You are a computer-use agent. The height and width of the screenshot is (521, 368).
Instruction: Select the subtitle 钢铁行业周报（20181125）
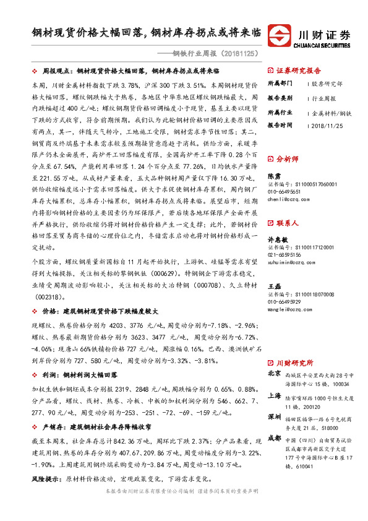tap(216, 53)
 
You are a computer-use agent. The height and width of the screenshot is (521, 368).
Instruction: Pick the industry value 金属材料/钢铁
tap(332, 112)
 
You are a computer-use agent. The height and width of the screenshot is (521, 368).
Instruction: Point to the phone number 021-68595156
tap(285, 254)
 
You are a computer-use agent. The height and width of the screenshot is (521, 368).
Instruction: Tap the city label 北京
tap(274, 374)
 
